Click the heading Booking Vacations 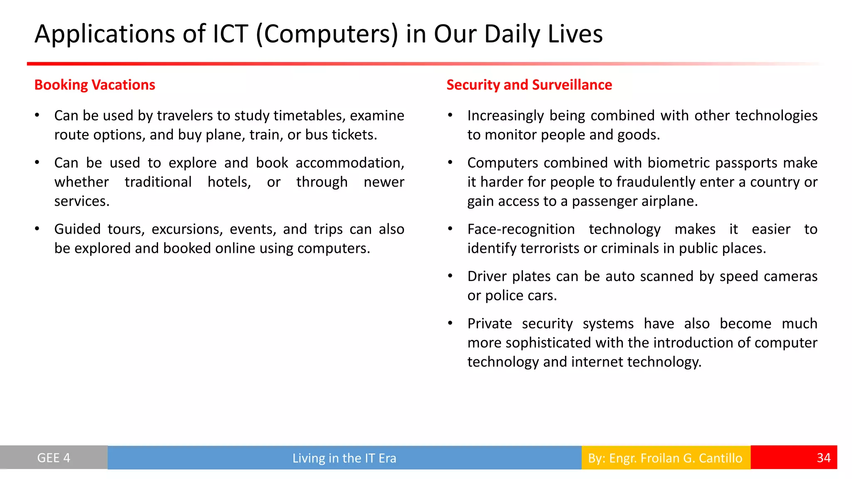tap(94, 85)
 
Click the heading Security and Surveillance tap(529, 85)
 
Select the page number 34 tap(823, 458)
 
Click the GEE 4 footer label tap(54, 458)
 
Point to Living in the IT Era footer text tap(344, 458)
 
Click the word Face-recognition tap(521, 229)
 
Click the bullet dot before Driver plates tap(450, 276)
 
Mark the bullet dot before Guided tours tap(37, 229)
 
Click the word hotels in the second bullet tap(229, 182)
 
